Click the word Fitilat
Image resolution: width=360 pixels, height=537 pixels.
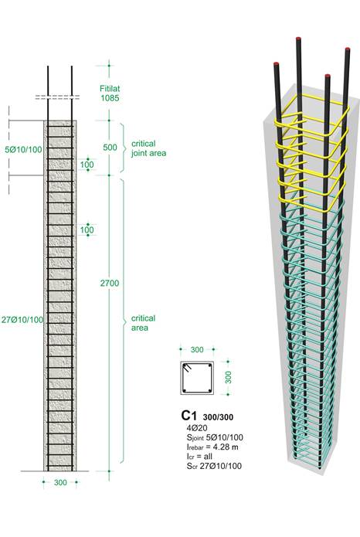110,88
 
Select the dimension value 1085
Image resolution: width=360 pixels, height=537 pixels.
110,98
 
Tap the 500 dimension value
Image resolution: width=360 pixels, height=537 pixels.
110,148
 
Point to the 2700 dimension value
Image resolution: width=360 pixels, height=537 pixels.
110,283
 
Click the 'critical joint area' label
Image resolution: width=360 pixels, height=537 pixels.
148,148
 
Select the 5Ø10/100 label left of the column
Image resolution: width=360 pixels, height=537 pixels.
24,149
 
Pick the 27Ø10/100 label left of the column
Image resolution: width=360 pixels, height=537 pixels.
22,320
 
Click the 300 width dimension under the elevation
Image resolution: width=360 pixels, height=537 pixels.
60,483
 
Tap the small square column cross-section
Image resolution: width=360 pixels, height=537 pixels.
197,377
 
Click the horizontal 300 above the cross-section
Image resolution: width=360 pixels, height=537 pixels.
197,350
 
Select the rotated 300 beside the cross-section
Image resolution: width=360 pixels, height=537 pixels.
228,377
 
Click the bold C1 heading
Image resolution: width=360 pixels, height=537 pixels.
189,416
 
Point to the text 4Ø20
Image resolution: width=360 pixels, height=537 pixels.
197,428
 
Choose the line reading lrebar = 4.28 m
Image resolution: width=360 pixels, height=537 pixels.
212,447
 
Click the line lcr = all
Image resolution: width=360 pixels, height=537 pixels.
199,456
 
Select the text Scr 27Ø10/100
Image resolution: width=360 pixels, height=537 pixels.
214,466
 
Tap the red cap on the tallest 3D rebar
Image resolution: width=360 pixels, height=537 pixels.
298,39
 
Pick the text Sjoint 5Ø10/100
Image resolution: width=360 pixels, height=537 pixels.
215,437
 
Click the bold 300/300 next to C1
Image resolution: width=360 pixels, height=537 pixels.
218,417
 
